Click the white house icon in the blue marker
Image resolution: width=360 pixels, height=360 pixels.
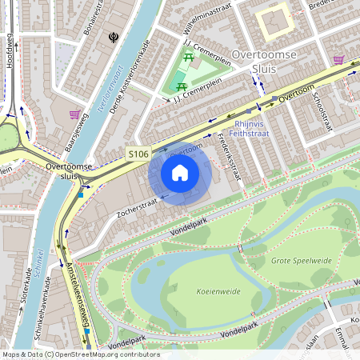tap(180, 172)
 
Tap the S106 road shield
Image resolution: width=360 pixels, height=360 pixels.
tap(137, 151)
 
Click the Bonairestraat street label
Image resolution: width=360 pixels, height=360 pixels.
tap(94, 18)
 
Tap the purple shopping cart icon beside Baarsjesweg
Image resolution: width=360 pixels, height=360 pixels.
tap(74, 114)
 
